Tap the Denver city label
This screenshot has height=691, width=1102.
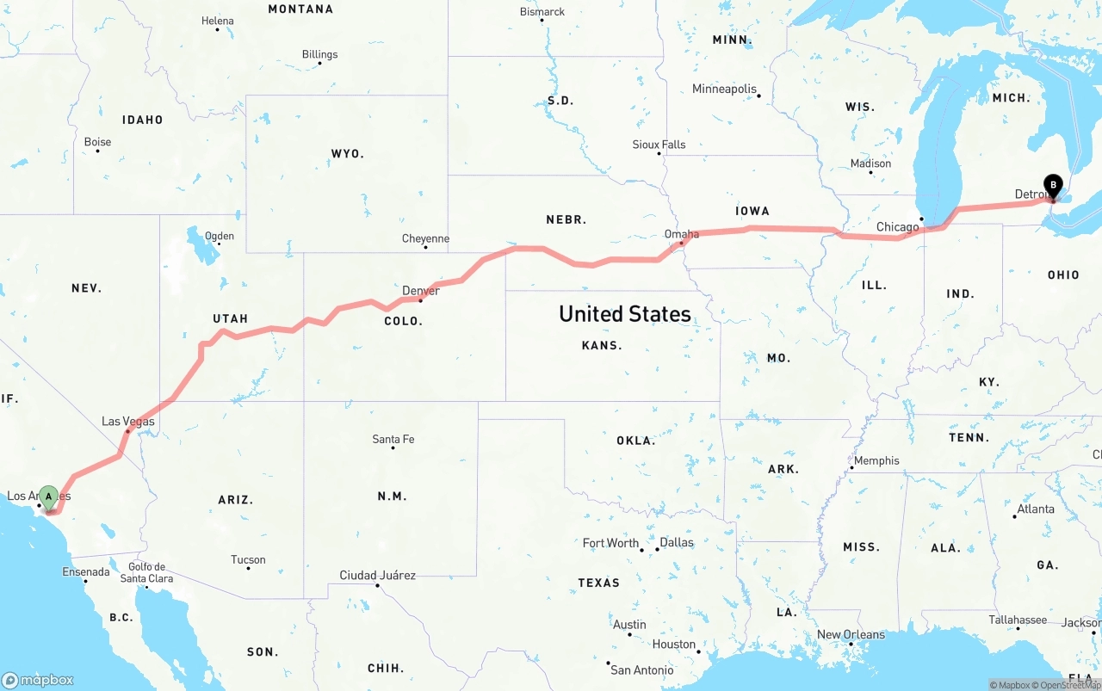tap(421, 291)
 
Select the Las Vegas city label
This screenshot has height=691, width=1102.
tap(128, 421)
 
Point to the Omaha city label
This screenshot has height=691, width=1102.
tap(681, 234)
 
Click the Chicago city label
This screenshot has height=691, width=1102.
tap(897, 227)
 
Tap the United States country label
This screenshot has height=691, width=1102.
tap(624, 314)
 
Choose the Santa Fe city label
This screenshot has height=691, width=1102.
tap(393, 439)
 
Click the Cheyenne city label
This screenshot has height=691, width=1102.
tap(425, 238)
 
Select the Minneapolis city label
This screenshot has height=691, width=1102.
tap(724, 89)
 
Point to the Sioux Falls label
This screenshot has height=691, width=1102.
tap(659, 145)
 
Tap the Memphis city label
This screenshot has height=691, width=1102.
tap(876, 460)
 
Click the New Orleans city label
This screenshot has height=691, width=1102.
tap(851, 634)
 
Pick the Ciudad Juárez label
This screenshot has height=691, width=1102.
tap(377, 575)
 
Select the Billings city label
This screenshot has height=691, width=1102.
tap(319, 54)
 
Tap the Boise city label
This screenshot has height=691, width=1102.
tap(97, 142)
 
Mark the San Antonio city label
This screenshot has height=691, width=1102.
tap(641, 669)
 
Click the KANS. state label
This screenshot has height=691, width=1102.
tap(602, 345)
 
